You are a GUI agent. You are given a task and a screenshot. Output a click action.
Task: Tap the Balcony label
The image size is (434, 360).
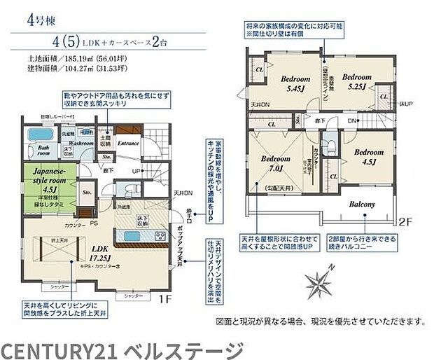359,205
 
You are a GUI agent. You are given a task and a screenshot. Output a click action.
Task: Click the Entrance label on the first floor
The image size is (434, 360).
129,144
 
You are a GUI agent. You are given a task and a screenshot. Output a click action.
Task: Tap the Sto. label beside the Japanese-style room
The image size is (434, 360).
87,189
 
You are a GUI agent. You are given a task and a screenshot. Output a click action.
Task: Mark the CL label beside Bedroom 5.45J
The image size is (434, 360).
258,71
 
